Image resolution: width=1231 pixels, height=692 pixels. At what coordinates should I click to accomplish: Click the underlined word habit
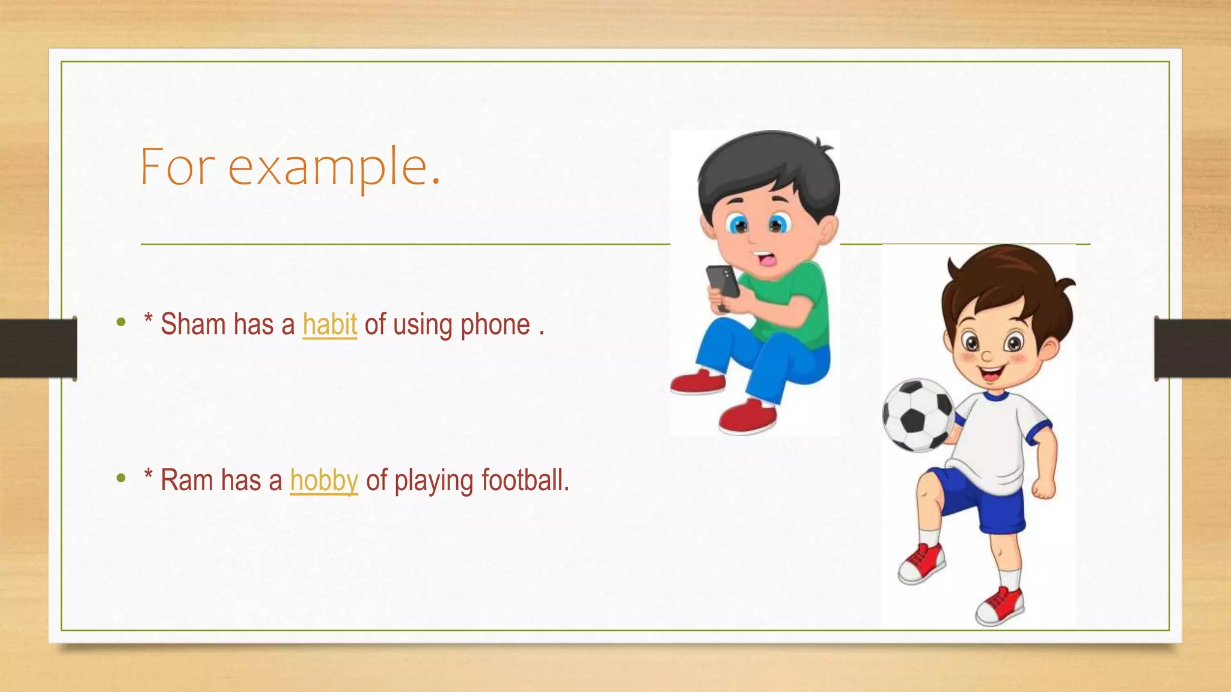[x=329, y=324]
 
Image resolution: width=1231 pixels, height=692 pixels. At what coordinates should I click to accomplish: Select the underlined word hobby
[x=324, y=481]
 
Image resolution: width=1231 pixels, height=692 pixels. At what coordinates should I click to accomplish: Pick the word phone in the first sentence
[x=495, y=325]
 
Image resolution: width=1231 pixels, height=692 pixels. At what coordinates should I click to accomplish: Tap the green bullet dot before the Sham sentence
[x=121, y=323]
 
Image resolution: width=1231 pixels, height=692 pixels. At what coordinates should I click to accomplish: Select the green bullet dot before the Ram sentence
[x=121, y=479]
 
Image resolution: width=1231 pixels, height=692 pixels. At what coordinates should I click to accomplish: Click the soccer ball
[x=917, y=414]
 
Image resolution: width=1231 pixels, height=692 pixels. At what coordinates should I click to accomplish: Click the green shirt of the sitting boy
[x=793, y=300]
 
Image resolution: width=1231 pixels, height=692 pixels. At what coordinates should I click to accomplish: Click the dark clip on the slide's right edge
[x=1193, y=348]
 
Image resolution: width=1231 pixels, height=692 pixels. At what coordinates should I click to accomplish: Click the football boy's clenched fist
[x=1045, y=488]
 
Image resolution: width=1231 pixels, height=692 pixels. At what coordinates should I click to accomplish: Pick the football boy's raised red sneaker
[x=922, y=563]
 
